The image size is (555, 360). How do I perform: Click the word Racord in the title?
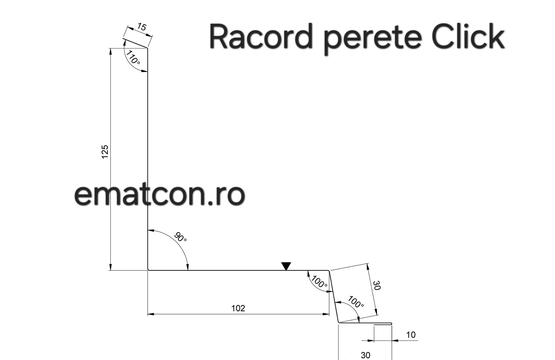[260, 37]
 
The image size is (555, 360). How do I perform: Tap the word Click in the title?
[468, 36]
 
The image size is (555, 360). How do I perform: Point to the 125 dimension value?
[105, 152]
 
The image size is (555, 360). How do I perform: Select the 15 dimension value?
[142, 27]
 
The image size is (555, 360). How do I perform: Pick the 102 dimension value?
[238, 308]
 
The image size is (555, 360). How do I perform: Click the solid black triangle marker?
[286, 266]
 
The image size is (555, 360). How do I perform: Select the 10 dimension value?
[411, 335]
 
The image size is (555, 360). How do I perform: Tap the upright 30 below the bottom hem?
[365, 355]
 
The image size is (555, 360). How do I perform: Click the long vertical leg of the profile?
[148, 159]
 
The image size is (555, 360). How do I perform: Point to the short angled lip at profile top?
[135, 43]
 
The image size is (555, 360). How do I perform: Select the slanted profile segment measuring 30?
[334, 297]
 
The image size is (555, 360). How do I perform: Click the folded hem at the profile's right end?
[383, 324]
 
